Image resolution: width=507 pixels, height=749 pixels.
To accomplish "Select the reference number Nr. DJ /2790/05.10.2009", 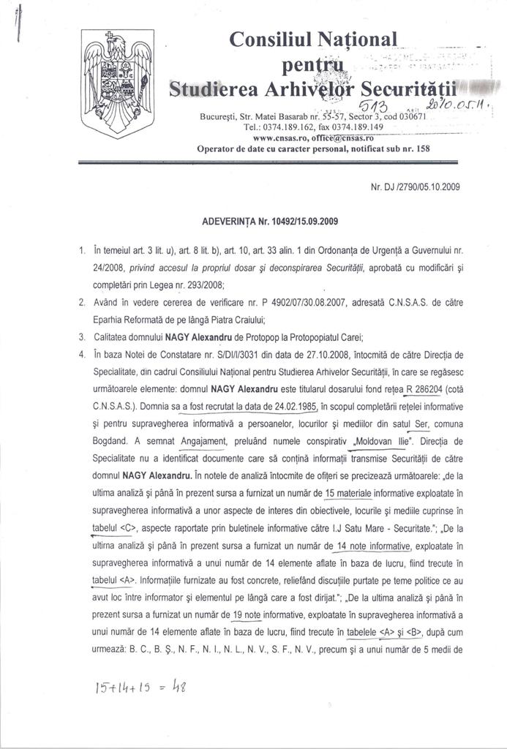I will click(416, 186).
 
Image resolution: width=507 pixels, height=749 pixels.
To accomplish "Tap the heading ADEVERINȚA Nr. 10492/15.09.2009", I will click(270, 220).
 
